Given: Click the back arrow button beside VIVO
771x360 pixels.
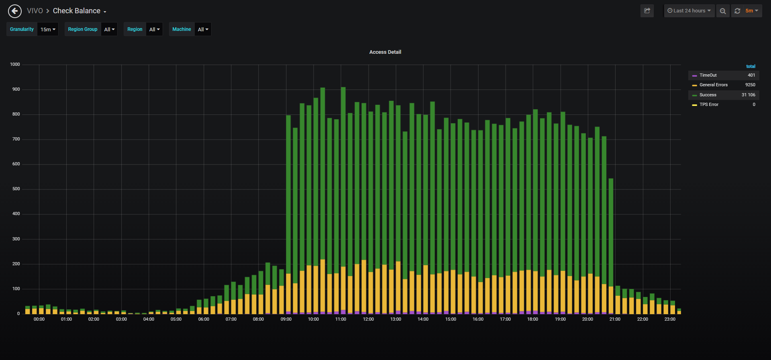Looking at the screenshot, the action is [15, 11].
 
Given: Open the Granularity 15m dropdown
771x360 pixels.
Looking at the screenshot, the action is [48, 29].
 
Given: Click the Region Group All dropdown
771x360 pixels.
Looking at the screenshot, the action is [109, 29].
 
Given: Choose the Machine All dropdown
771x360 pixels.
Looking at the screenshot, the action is [203, 29].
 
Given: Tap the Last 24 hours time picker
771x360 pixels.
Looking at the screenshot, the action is [689, 11].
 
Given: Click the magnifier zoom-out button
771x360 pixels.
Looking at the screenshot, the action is [723, 11].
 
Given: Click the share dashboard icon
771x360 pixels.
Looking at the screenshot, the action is [647, 11].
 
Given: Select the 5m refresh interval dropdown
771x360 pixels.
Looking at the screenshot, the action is [752, 11].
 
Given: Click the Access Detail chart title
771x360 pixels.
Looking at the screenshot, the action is [385, 52].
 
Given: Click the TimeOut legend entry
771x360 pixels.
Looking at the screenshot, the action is [708, 75].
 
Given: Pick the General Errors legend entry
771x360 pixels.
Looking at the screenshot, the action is [714, 85].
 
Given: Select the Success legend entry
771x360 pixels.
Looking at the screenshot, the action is [708, 95].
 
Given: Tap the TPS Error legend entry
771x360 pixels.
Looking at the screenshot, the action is [709, 104].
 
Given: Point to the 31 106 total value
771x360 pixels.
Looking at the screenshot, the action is [749, 95].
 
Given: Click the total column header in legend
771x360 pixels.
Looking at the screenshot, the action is [751, 66].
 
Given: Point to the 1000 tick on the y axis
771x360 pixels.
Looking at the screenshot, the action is [15, 64].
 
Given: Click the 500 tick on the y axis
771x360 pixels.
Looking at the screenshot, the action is [16, 189].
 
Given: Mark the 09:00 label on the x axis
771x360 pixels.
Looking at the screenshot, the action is [286, 319].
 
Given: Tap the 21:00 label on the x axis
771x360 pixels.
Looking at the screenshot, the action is [615, 319].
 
